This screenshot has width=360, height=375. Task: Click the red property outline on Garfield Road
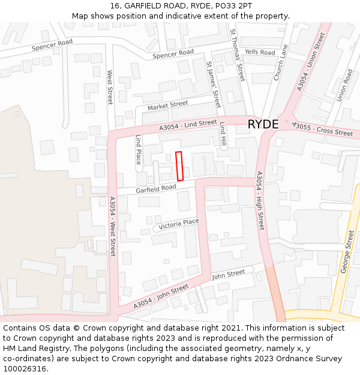point(179,166)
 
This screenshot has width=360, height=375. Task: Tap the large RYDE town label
point(263,124)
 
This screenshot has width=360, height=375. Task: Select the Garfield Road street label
point(155,188)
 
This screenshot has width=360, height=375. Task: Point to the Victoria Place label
point(179,223)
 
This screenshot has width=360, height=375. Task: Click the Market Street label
point(168,106)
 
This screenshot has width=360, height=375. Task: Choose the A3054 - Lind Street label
point(188,125)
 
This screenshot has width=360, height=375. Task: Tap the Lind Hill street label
point(223,136)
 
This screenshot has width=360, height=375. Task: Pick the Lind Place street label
point(138,149)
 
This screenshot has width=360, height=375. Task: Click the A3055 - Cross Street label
point(322,129)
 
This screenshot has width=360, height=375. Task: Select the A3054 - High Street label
point(260,200)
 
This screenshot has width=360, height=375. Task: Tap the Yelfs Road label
point(260,53)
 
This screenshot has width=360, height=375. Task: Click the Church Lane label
point(281,62)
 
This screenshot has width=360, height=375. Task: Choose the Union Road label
point(344,85)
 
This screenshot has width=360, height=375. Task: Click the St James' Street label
point(214,83)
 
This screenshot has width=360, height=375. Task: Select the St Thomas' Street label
point(238,55)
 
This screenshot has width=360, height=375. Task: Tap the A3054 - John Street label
point(161,296)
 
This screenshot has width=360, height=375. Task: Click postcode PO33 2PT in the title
point(229,5)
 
